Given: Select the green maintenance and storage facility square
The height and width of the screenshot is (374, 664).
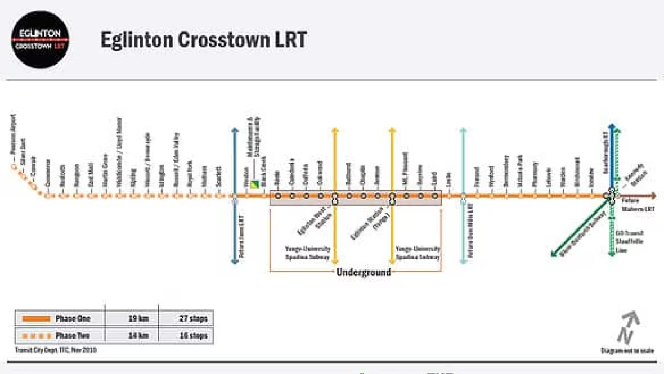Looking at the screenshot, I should point(255,183).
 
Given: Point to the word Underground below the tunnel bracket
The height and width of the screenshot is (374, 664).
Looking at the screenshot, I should point(364,272).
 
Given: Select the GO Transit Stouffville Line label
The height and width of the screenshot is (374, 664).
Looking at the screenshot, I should point(629,241).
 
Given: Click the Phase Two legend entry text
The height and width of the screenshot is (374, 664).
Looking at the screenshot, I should point(73,336).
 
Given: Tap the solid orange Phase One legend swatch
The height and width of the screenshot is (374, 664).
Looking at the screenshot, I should point(37,319).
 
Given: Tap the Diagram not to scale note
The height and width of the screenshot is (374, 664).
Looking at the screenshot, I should point(627,350).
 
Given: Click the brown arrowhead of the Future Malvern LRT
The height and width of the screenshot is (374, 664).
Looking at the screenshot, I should point(653,196).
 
